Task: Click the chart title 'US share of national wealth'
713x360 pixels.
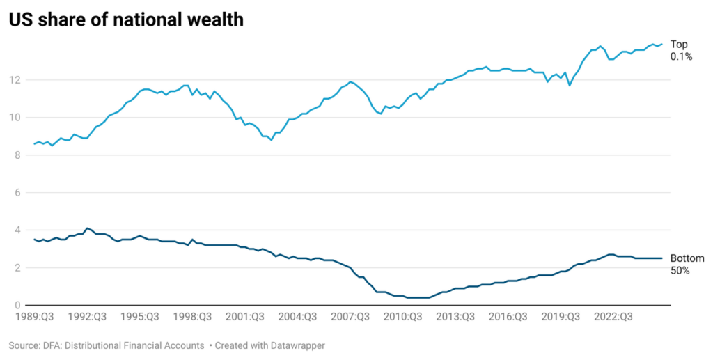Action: pos(126,19)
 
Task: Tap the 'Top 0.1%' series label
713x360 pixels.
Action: pos(680,51)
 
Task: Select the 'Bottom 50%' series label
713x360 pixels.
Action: pos(687,264)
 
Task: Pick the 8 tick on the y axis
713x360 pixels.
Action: pos(17,155)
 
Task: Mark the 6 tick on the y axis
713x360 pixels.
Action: pos(17,193)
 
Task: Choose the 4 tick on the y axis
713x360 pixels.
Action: pos(17,230)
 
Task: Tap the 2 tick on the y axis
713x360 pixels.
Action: pos(17,268)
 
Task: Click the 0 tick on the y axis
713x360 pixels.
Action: pos(17,306)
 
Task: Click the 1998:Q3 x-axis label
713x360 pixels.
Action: pos(192,317)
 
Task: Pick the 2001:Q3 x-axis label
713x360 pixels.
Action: pos(245,317)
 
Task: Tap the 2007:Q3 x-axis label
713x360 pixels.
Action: pos(352,317)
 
